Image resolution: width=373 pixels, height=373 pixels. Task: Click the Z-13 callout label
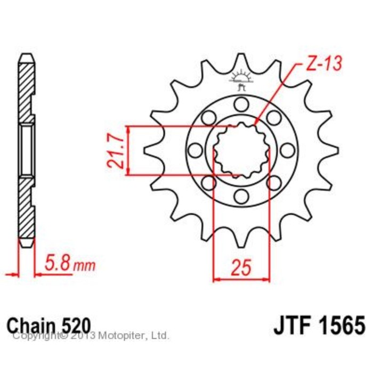[324, 63]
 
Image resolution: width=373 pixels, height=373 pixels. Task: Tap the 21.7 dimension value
[115, 151]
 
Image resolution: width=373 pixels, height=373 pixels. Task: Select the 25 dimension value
[241, 267]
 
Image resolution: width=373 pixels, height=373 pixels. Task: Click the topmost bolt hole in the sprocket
[241, 104]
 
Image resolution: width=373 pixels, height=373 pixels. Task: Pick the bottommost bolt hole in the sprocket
[241, 197]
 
